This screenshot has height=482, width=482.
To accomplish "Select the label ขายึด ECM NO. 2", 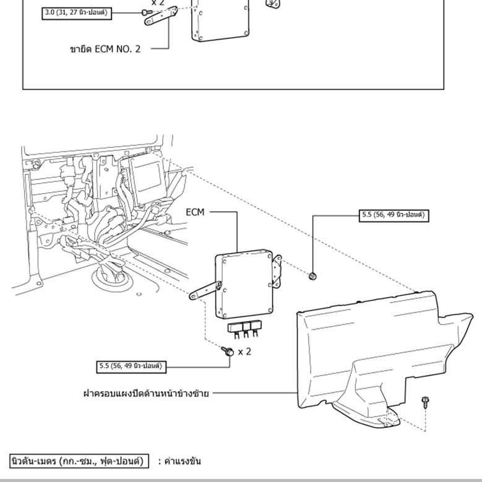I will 105,48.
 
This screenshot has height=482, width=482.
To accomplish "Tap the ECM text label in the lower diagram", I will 196,212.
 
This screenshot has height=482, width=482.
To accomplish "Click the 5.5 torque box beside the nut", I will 394,215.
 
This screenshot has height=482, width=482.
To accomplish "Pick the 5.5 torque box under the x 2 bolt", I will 131,366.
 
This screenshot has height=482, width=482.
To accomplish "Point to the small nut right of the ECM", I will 312,275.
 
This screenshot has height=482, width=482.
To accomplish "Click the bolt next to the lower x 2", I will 228,351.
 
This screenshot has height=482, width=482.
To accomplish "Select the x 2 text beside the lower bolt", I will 244,351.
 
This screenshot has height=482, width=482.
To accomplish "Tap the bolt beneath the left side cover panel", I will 425,402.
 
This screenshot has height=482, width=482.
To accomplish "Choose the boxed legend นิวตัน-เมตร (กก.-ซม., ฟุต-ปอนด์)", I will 79,461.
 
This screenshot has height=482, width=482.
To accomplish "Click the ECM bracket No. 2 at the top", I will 161,16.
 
